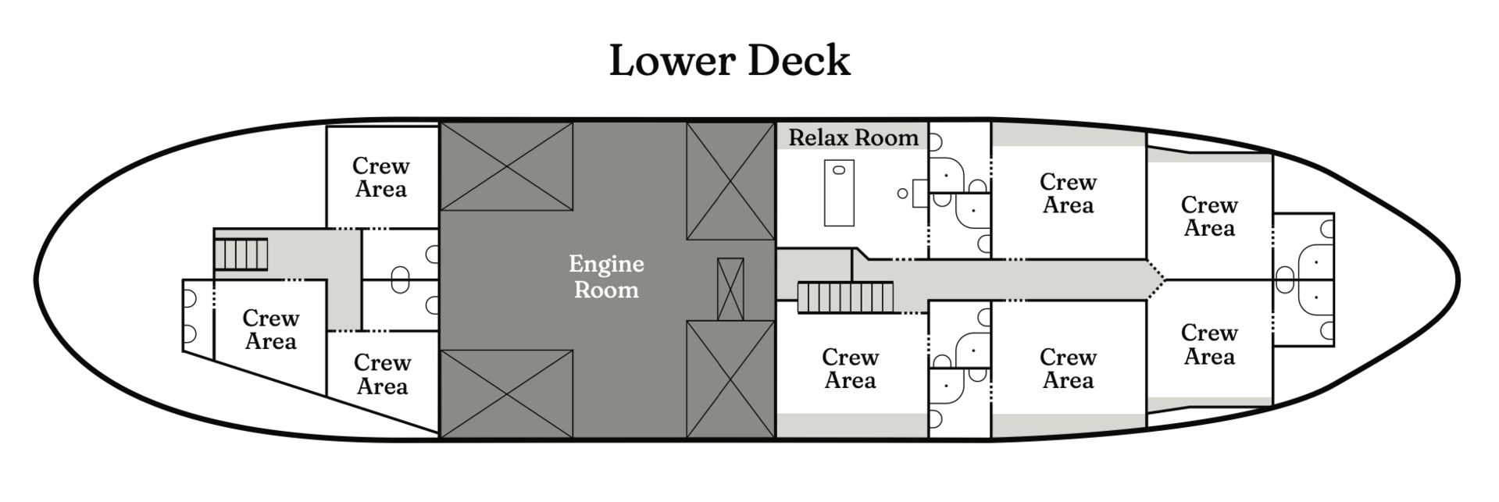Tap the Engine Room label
tap(606, 276)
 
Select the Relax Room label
tap(853, 137)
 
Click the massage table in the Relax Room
tap(839, 193)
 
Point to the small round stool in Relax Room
tap(902, 193)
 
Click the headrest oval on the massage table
tap(839, 169)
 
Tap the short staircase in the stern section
tap(241, 254)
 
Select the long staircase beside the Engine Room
tap(844, 298)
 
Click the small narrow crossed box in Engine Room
tap(730, 289)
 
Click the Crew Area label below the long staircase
tap(850, 368)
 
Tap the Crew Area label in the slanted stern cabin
tap(270, 329)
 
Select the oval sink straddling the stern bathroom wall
tap(400, 279)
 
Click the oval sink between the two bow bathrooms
tap(1284, 279)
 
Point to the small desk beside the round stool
tap(920, 193)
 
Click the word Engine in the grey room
tap(606, 264)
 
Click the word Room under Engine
tap(606, 290)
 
